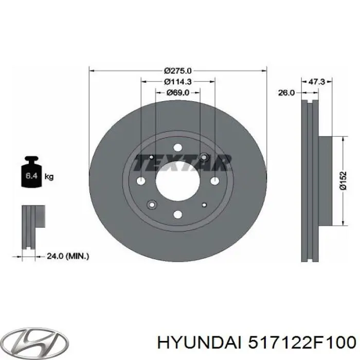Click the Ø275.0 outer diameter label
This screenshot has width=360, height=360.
pos(178,71)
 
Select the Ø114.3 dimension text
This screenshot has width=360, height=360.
pos(178,82)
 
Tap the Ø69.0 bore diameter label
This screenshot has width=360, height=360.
pos(178,93)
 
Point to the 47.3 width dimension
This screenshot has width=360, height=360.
pos(316,81)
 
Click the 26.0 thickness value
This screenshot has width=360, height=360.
pos(286,93)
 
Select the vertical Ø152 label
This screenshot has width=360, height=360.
pos(343,181)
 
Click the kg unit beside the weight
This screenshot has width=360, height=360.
pos(49,177)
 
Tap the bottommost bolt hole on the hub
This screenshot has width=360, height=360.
pos(177,214)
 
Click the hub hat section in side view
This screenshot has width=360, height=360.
pos(325,181)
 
